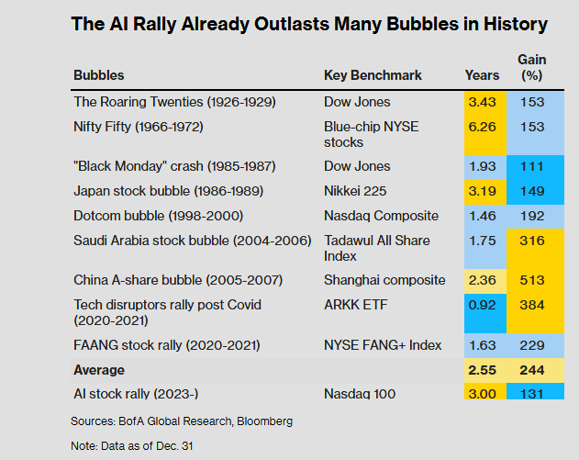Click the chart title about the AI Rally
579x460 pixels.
pos(308,25)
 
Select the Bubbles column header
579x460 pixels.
pos(98,75)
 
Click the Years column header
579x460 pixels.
pos(483,75)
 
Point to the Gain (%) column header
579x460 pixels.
pos(532,67)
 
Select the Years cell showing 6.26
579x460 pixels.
pos(483,126)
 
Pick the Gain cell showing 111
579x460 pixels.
pos(532,166)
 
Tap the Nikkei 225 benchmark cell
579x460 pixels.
pos(357,191)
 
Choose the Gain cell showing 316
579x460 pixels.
pos(532,241)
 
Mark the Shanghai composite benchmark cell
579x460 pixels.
pos(384,279)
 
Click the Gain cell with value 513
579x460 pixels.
pos(532,279)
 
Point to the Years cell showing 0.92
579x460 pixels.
pos(483,304)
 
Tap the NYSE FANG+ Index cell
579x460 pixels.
pos(383,345)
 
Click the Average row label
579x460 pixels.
pos(99,369)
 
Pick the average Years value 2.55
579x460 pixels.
pos(483,369)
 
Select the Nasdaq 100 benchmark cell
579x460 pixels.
pos(361,394)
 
